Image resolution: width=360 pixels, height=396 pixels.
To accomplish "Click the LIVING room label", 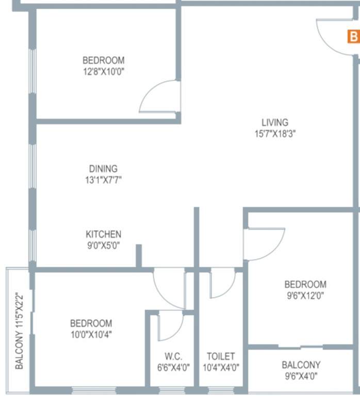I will [x=274, y=122].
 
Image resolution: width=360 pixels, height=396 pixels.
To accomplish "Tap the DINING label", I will [x=103, y=169].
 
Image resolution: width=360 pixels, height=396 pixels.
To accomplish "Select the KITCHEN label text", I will [x=103, y=234].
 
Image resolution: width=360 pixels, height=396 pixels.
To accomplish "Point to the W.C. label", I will [x=172, y=356].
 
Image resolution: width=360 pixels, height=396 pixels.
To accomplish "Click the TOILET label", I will [x=221, y=356].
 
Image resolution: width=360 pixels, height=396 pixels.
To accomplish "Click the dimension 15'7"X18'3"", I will [x=274, y=134].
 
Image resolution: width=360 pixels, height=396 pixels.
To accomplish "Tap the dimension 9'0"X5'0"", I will [x=103, y=245].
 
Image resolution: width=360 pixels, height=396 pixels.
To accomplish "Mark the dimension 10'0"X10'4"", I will [x=91, y=335].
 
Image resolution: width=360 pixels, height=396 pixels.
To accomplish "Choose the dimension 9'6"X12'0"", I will [x=305, y=295].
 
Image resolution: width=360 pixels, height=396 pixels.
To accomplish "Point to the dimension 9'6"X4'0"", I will [x=301, y=376].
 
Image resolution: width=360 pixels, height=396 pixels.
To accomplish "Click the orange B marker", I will [x=353, y=37].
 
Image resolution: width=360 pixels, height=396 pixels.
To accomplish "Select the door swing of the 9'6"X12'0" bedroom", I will [x=265, y=243].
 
